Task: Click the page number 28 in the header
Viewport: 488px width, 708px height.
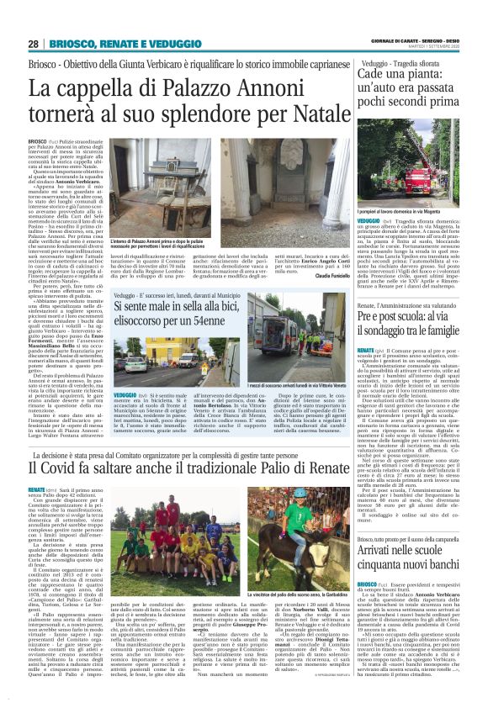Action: click(33, 44)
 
